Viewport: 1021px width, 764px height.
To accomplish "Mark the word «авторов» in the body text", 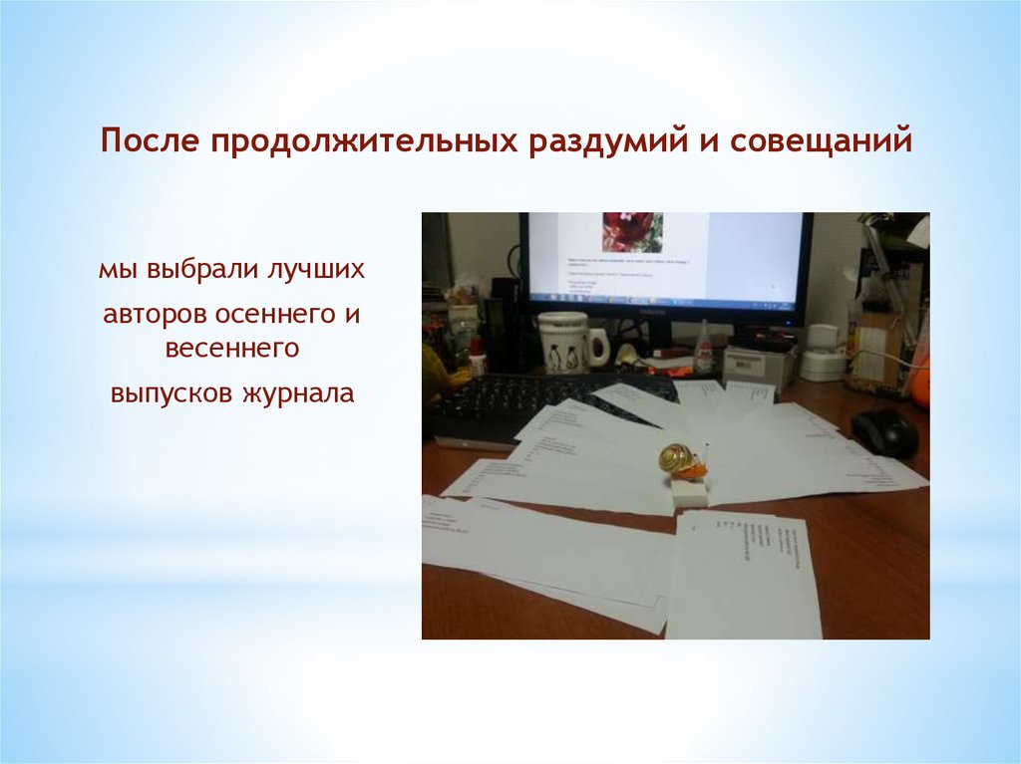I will click(x=154, y=314).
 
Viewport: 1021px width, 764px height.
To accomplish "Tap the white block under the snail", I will click(x=689, y=490).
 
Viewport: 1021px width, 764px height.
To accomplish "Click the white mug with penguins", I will click(x=563, y=343).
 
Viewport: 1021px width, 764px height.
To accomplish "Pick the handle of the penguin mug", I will click(x=598, y=347).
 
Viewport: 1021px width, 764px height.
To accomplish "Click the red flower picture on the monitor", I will click(x=632, y=232).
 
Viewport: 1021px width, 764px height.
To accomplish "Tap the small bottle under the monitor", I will click(x=704, y=348).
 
